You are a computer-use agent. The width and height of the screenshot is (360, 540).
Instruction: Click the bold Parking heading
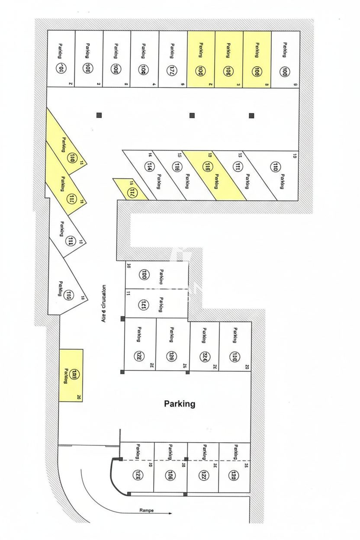tap(180, 404)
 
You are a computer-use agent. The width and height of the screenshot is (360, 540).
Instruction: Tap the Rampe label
tap(146, 510)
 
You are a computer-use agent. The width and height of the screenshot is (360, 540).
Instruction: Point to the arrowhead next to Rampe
tap(170, 514)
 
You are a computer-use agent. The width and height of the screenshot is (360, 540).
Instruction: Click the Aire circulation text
tap(104, 302)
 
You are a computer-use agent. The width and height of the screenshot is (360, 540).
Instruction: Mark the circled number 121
tap(145, 304)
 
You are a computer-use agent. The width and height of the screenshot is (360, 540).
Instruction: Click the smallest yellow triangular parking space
tap(129, 189)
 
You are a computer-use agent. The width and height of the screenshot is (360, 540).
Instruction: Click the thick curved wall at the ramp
tap(113, 476)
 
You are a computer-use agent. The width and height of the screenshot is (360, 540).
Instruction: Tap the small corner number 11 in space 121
tap(129, 293)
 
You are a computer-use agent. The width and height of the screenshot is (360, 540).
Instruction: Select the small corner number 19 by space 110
tap(295, 154)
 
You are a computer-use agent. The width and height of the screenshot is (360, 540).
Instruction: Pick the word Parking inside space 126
tap(172, 334)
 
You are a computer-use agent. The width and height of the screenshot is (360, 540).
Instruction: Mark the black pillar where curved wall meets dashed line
tap(121, 460)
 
